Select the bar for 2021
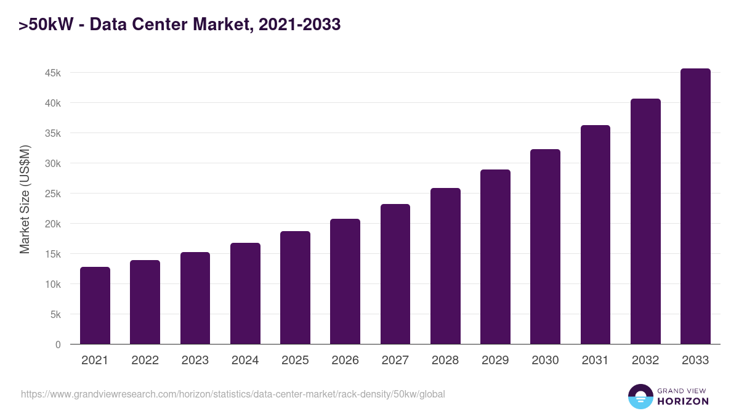[x=95, y=306]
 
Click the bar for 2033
[x=695, y=206]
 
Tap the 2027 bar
[x=395, y=274]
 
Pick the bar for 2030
[x=545, y=247]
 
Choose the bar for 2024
[x=245, y=293]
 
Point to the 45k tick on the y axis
[x=53, y=73]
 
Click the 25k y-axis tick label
[x=53, y=194]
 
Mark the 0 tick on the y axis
[x=58, y=345]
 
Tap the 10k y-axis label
[x=53, y=284]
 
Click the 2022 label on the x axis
[x=145, y=361]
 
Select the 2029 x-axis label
[x=495, y=361]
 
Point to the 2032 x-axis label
[x=645, y=361]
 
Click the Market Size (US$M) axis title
[x=25, y=199]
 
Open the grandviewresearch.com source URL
[x=233, y=394]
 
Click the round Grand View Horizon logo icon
[x=640, y=396]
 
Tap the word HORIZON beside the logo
[x=682, y=401]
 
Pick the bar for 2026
[x=345, y=282]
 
